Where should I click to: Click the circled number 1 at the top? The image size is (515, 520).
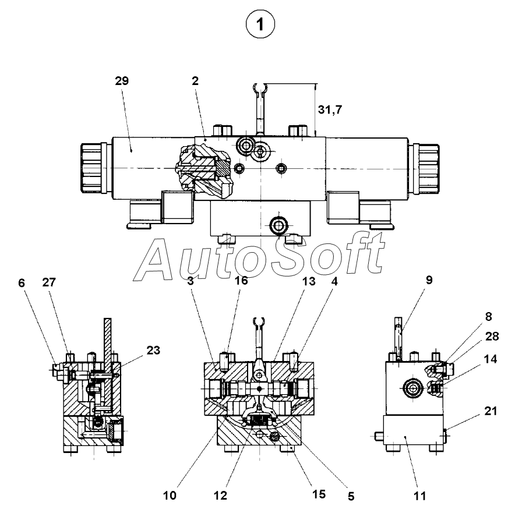point(260,24)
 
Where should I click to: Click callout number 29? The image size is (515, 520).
point(122,80)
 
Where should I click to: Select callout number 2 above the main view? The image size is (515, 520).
point(195,80)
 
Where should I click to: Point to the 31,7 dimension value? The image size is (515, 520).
point(330,109)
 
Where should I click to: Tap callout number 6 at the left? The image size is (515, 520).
point(22,283)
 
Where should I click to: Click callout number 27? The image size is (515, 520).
point(49,282)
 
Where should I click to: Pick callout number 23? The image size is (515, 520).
point(153,350)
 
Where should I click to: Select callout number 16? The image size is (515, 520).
point(241,280)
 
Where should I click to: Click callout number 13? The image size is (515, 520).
point(309,281)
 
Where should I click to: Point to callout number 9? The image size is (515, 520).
point(429,280)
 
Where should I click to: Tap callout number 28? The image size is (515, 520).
point(492,336)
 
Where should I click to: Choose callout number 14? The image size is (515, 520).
point(491,359)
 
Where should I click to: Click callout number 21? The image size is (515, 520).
point(491,411)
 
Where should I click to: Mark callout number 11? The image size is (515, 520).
point(420,496)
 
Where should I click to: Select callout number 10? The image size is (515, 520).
point(170,496)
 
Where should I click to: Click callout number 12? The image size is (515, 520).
point(221,496)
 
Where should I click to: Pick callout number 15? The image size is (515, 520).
point(319,494)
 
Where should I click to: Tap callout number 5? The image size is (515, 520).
point(351,496)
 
